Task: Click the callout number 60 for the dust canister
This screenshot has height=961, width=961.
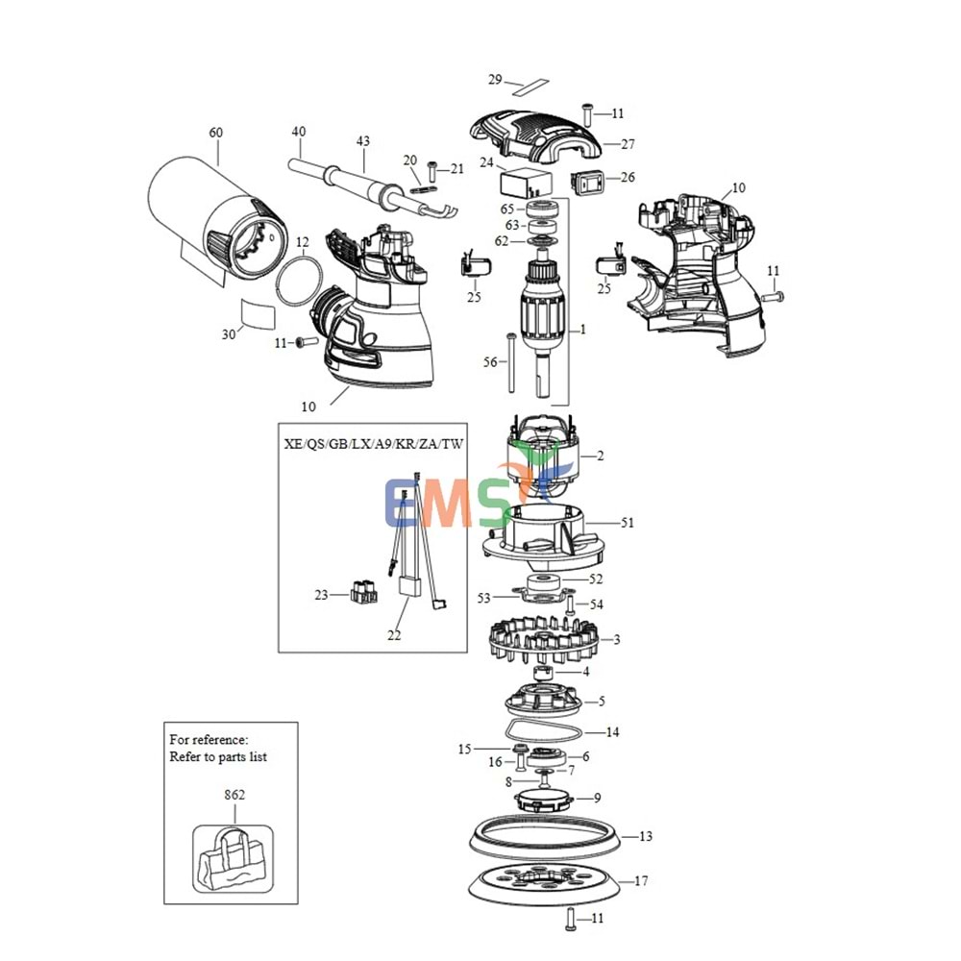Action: tap(214, 132)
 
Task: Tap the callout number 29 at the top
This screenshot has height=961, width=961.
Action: tap(495, 80)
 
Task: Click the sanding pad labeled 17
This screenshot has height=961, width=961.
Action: tap(544, 880)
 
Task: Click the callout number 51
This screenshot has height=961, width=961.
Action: tap(627, 523)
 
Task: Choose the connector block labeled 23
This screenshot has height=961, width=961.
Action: tap(363, 595)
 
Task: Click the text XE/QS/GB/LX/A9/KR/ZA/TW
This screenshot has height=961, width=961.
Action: tap(373, 443)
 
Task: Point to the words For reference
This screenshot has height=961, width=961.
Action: tap(209, 740)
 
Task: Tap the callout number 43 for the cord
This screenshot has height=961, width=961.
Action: tap(362, 141)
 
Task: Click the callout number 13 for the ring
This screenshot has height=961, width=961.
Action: tap(645, 836)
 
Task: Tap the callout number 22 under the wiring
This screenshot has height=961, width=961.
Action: tap(394, 635)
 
